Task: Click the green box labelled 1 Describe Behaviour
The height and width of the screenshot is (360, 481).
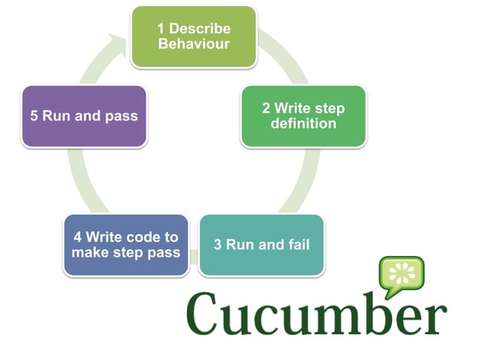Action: [193, 36]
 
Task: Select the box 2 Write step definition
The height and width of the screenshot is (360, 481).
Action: [303, 115]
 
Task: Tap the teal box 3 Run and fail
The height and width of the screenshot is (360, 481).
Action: [261, 245]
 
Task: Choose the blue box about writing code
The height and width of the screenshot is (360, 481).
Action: [125, 245]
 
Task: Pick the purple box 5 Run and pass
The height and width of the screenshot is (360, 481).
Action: [84, 116]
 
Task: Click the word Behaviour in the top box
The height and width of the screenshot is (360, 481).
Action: [193, 44]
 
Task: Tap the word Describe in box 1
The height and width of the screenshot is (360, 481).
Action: [200, 29]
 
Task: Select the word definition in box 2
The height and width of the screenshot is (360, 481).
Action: [303, 123]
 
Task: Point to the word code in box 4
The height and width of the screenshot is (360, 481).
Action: [142, 237]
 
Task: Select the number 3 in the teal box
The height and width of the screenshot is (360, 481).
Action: [217, 245]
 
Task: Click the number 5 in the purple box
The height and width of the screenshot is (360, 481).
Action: [34, 117]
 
